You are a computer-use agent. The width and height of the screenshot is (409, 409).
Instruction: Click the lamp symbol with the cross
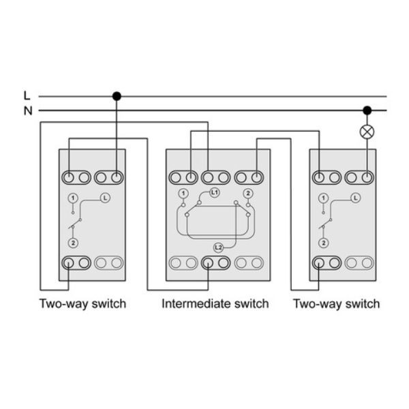[367, 132]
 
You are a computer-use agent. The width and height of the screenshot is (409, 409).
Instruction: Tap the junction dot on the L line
[117, 96]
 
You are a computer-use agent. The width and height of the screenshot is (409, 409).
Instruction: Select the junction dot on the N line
[367, 110]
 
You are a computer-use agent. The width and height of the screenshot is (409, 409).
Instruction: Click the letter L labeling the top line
[27, 95]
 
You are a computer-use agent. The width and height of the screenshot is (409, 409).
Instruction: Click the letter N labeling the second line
[28, 111]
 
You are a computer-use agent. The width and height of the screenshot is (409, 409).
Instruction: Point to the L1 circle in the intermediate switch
[214, 193]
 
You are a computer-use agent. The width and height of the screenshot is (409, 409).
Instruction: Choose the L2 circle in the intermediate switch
[218, 247]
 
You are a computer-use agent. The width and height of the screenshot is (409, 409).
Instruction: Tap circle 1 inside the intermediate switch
[183, 194]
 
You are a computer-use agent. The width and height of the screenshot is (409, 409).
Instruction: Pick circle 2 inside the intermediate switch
[248, 194]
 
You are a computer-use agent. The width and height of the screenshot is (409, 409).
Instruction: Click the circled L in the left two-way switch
[105, 198]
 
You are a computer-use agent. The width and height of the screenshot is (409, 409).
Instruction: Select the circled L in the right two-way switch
[355, 198]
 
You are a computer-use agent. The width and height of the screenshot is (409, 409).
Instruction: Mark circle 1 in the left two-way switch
[73, 198]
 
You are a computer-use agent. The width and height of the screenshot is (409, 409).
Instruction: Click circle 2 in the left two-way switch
[73, 243]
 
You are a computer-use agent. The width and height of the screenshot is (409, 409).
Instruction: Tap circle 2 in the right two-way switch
[323, 243]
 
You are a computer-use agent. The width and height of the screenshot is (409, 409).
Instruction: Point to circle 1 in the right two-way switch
[323, 198]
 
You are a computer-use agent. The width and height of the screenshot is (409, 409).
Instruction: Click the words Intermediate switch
[215, 304]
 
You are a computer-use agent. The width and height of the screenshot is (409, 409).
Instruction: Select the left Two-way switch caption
[82, 304]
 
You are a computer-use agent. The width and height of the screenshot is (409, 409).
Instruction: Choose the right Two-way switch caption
[337, 304]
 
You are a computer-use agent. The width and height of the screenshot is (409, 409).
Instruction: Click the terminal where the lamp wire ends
[367, 178]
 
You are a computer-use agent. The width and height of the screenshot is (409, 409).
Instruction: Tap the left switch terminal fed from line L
[117, 178]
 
